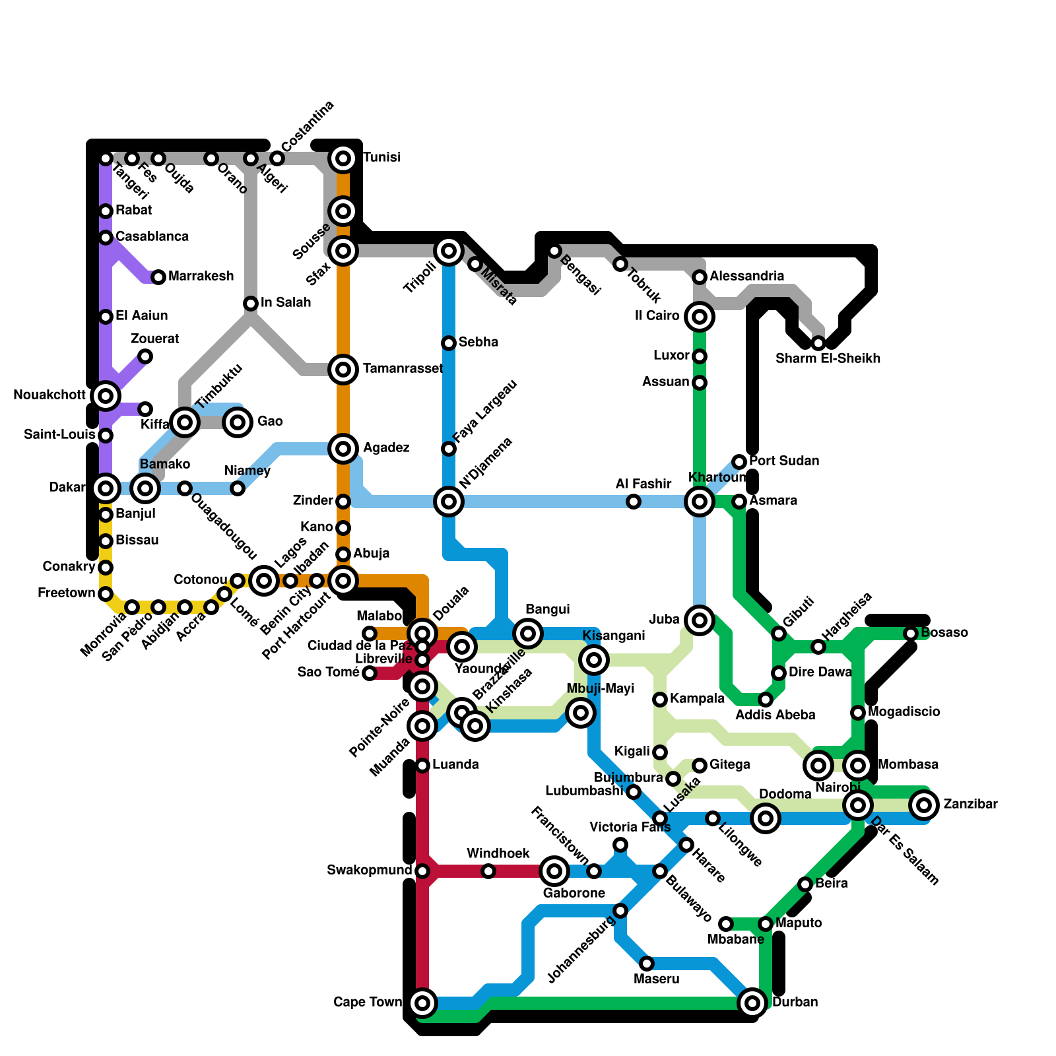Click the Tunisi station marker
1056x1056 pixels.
pos(343,158)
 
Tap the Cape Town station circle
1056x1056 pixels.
pos(422,1003)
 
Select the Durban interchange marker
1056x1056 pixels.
pos(752,1003)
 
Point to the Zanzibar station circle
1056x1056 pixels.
pos(924,805)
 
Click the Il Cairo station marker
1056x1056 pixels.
pos(700,317)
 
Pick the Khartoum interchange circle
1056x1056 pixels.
pos(700,502)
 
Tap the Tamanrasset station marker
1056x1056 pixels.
pos(343,370)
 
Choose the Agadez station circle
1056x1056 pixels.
pos(343,449)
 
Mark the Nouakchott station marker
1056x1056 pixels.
pos(106,396)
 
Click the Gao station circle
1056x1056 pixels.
pos(238,422)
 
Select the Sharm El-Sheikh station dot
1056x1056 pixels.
pos(818,343)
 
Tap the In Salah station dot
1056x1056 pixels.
pos(251,304)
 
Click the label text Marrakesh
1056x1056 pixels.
pos(201,276)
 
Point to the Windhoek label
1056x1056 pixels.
pos(498,853)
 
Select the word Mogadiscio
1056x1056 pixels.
pos(904,711)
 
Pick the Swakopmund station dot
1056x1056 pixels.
pos(422,871)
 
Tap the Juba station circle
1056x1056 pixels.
pos(700,620)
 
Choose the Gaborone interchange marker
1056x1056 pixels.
pos(554,871)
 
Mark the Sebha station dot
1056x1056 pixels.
pos(449,343)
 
